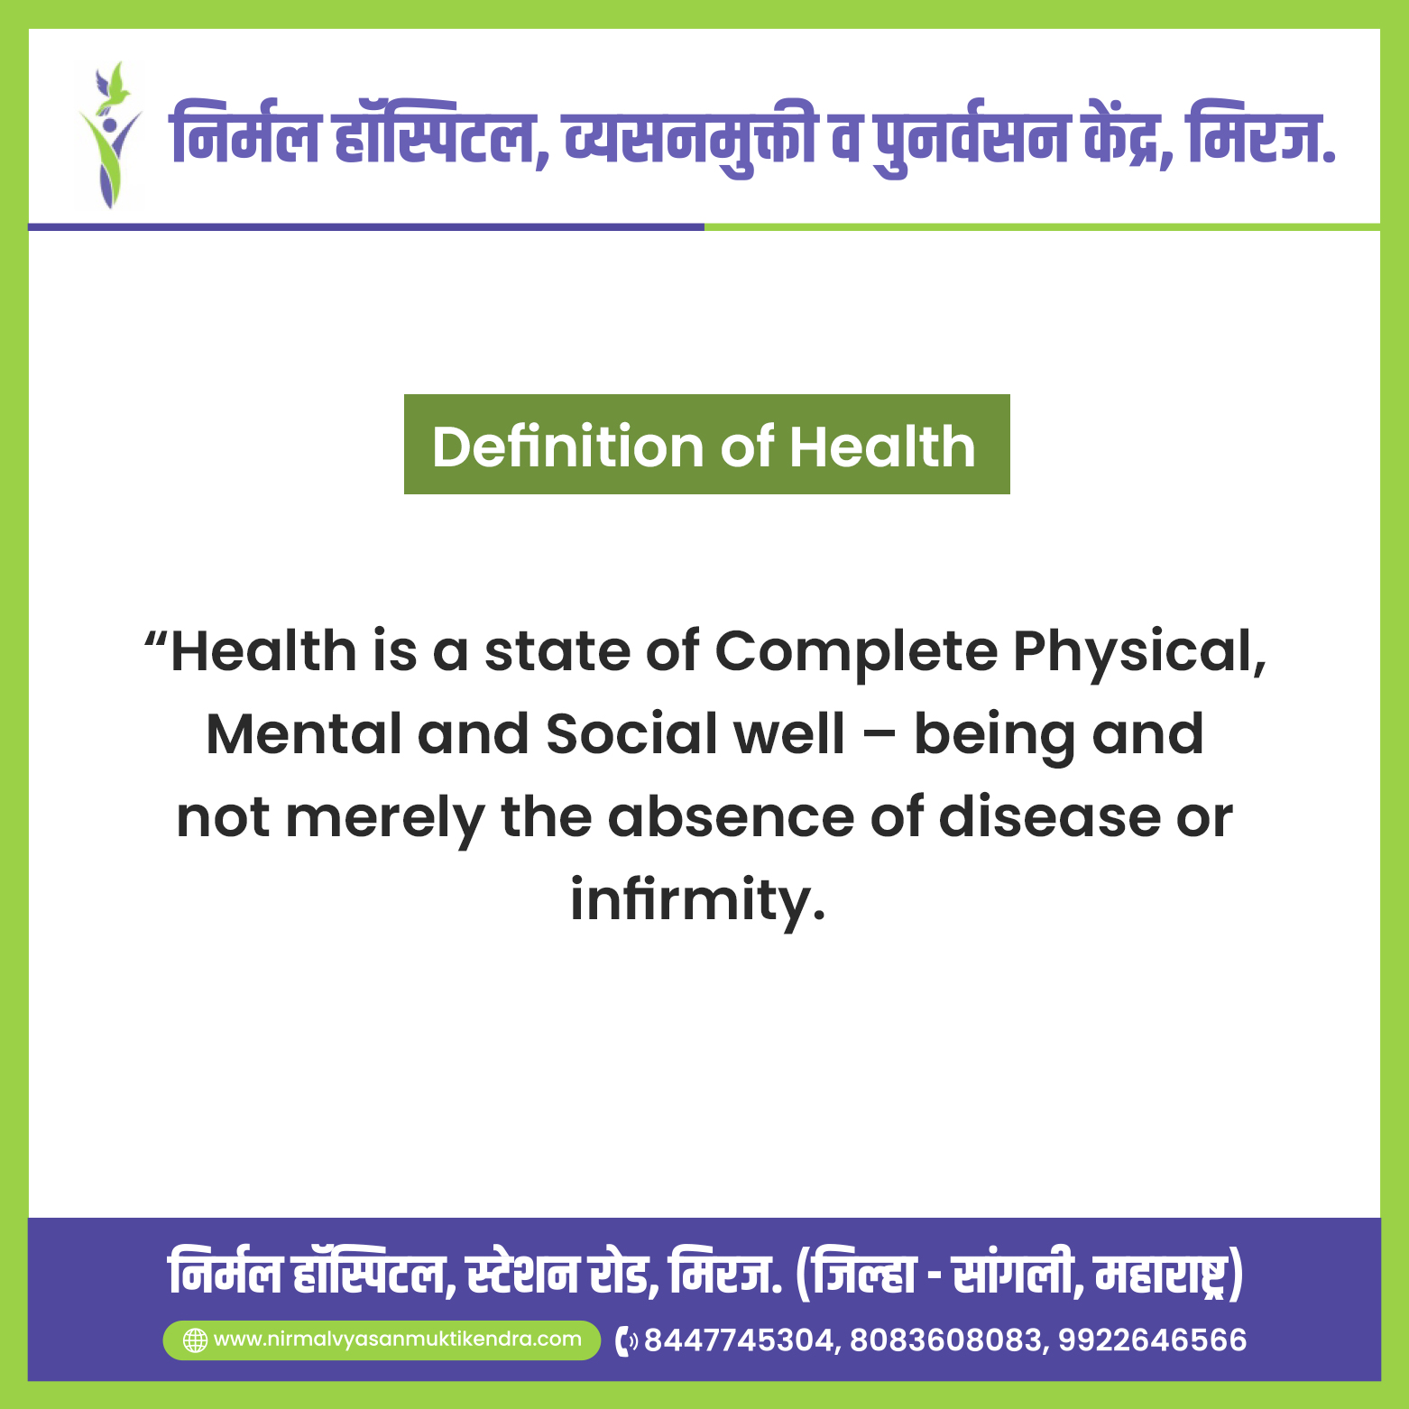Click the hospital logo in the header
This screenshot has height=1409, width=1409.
coord(108,135)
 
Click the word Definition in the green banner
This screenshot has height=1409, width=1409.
coord(568,447)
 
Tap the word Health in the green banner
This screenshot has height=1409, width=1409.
coord(883,447)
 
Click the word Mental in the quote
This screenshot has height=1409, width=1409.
coord(304,734)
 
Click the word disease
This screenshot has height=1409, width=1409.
coord(1049,817)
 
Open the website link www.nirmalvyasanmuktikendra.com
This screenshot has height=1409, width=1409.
coord(398,1340)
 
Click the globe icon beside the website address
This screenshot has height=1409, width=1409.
coord(195,1340)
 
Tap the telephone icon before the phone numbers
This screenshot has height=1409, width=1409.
coord(626,1341)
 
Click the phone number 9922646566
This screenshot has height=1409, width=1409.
coord(1153,1340)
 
